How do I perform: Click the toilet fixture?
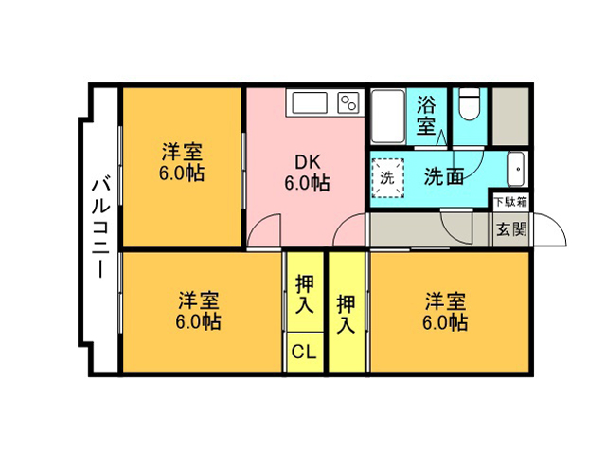tap(470, 104)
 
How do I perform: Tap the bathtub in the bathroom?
tap(388, 117)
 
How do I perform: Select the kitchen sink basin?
tap(310, 103)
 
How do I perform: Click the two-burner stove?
tap(348, 103)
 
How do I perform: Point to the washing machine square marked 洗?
tap(387, 178)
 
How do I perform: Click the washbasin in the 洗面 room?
tap(516, 169)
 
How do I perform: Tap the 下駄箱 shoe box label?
tap(511, 202)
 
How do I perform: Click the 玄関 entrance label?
tap(511, 229)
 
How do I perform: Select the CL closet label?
tap(304, 352)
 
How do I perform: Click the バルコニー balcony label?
tap(100, 227)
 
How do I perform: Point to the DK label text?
tap(308, 162)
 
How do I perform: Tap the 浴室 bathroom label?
tap(426, 115)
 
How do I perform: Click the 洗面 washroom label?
tap(444, 176)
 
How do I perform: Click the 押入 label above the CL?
tap(305, 295)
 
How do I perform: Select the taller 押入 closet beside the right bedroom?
tap(347, 312)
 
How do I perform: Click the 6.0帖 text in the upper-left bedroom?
tap(181, 173)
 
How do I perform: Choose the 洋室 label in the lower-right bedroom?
tap(445, 301)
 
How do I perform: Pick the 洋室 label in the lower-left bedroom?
tap(198, 300)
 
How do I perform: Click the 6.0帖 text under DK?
tap(307, 183)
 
